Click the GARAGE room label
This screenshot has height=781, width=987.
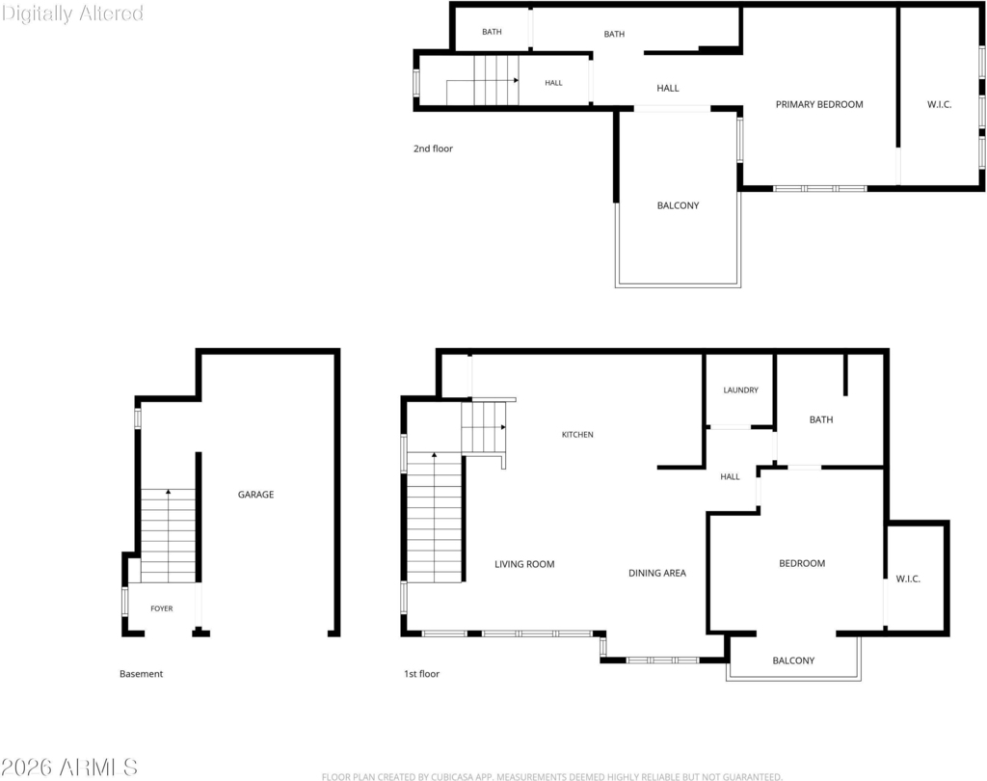click(255, 495)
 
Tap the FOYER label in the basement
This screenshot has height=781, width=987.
click(162, 608)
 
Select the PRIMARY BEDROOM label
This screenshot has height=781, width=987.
click(819, 104)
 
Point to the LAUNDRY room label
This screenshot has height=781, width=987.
click(741, 390)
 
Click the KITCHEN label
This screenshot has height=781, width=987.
click(577, 435)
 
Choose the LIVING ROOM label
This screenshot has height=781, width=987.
click(524, 564)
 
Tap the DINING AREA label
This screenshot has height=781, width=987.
click(657, 573)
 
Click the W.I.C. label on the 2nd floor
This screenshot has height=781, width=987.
click(939, 104)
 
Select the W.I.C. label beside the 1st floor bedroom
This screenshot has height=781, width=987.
click(908, 579)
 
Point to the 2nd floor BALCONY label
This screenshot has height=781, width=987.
click(678, 205)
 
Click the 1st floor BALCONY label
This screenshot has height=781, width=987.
click(793, 660)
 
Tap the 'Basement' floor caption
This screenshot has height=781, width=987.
click(141, 674)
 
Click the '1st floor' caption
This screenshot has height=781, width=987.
click(422, 674)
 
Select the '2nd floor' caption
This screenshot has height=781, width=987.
click(433, 148)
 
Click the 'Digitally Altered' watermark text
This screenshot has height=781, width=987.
click(72, 13)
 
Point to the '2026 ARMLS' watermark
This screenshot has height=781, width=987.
click(69, 768)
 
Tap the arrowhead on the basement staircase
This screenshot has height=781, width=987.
click(168, 492)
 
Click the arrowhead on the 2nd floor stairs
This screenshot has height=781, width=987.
click(517, 81)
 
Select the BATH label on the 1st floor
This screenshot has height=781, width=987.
click(821, 419)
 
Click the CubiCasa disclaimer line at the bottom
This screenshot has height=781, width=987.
click(552, 776)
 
